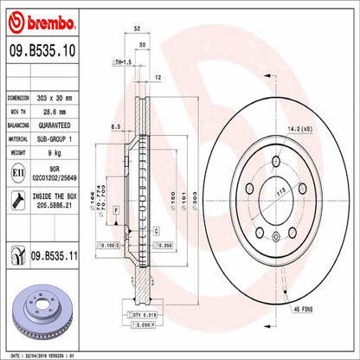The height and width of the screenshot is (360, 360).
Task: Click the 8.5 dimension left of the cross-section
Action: click(115, 128)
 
